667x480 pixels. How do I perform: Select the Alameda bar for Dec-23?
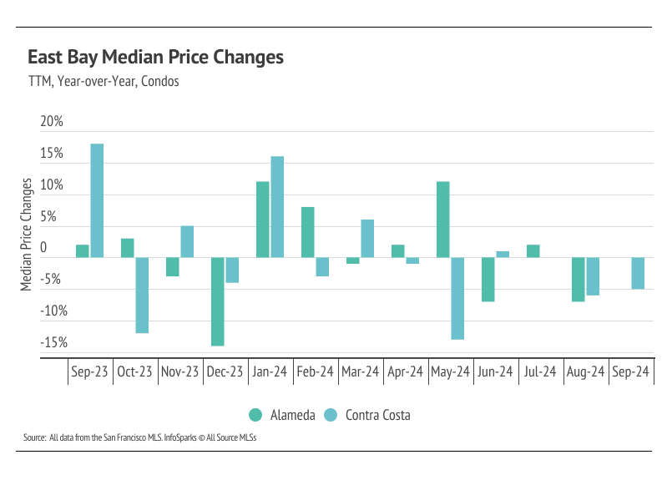(x=217, y=301)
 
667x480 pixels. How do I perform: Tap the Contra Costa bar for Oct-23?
(x=142, y=295)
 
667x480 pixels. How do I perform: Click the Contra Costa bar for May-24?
(x=457, y=298)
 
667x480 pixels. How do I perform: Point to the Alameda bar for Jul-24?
(x=533, y=250)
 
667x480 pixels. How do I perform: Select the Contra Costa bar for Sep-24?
(x=638, y=273)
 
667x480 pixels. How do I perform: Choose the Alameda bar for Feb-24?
(x=307, y=232)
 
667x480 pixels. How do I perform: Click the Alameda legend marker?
(x=255, y=415)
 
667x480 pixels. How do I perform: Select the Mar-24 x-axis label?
(x=361, y=372)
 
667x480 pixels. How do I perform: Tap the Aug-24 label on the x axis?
(x=585, y=372)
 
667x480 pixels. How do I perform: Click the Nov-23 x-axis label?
(x=179, y=372)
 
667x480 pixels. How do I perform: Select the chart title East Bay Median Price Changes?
(x=155, y=58)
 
